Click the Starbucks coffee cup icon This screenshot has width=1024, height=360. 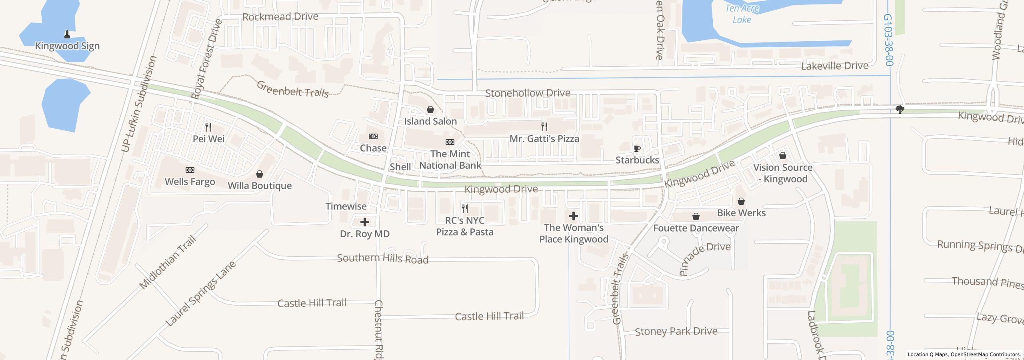click(637, 149)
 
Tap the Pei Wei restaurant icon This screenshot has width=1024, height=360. click(208, 127)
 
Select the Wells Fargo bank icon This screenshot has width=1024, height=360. click(190, 170)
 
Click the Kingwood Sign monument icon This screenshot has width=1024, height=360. click(67, 34)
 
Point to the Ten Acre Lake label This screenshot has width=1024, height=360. click(742, 14)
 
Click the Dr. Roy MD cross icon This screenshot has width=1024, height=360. click(365, 222)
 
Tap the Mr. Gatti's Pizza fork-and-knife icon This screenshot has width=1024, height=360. click(544, 127)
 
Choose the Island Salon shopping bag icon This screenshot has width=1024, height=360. click(430, 110)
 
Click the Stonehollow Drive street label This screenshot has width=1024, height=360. click(528, 93)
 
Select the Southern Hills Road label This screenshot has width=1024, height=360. click(382, 259)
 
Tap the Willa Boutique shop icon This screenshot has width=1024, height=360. click(260, 174)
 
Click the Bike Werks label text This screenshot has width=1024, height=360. click(741, 213)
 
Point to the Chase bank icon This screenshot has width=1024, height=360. click(373, 136)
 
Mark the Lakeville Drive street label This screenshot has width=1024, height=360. click(834, 66)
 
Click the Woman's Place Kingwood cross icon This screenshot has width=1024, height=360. click(574, 216)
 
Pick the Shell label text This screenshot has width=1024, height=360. click(400, 166)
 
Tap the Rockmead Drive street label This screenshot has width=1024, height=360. click(280, 17)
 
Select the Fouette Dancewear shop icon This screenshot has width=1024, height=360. click(696, 216)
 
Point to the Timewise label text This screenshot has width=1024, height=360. click(346, 206)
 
